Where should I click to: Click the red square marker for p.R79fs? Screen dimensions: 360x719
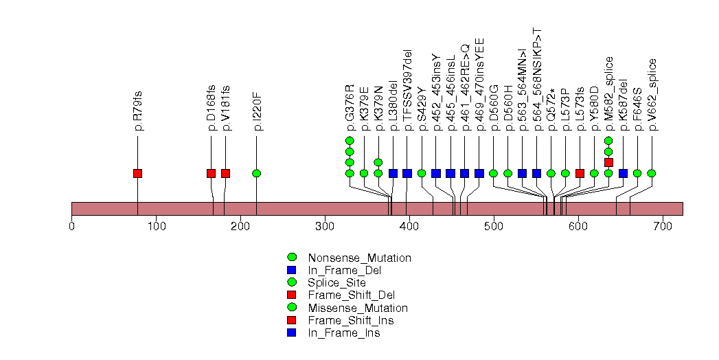(137, 173)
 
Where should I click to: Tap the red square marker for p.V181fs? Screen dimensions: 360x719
(225, 173)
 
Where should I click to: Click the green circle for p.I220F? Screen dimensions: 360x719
(256, 173)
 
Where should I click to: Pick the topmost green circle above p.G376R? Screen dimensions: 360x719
(350, 141)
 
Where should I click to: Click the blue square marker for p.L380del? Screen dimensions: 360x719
(393, 173)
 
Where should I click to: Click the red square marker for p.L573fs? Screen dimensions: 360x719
(580, 173)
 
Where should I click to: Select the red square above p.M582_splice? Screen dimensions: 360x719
(608, 162)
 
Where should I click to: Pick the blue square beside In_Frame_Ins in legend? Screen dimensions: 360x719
(291, 333)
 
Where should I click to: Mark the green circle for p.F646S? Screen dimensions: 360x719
(637, 173)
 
